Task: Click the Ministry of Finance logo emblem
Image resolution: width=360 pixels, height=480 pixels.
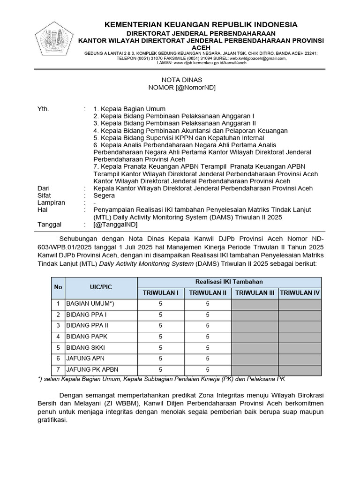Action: [52, 39]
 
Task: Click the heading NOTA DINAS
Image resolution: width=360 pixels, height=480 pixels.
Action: [180, 80]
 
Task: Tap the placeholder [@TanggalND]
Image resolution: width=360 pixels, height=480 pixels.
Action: [115, 225]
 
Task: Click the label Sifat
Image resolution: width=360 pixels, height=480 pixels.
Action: [44, 195]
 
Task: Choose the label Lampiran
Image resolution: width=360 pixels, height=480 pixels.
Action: [51, 202]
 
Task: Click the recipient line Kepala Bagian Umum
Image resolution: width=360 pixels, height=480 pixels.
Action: [129, 109]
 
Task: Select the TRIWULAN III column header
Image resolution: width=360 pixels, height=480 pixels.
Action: [255, 293]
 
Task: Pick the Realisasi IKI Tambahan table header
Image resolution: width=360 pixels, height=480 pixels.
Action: [229, 282]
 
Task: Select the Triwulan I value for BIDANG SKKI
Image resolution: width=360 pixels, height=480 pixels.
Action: [160, 348]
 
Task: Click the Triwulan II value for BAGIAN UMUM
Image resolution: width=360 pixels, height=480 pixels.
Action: [207, 304]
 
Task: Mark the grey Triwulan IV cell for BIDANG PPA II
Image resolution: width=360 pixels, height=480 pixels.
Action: [300, 325]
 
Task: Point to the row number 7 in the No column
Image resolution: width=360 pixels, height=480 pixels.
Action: [58, 370]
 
